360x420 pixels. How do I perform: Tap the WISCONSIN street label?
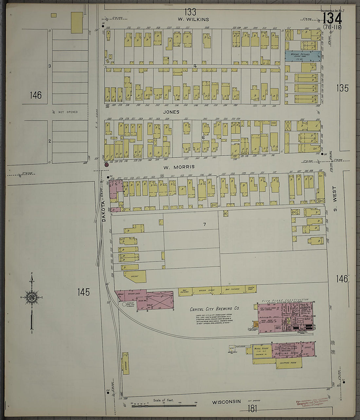(226, 402)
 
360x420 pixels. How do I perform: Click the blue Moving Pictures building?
(302, 56)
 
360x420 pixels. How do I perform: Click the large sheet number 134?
(332, 18)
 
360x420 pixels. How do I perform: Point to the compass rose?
(32, 297)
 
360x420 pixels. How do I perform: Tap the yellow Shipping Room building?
(289, 363)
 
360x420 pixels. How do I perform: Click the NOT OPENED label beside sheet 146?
(68, 112)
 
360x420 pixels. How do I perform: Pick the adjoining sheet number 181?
(252, 409)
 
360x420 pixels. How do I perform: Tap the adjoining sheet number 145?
(84, 292)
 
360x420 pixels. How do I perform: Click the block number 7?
(205, 224)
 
